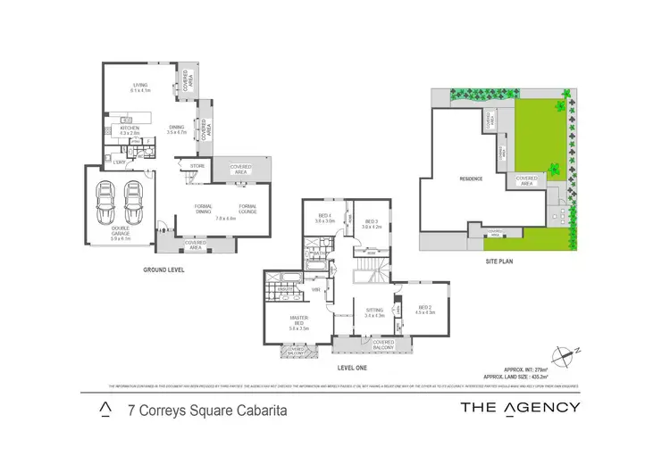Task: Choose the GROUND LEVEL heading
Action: tap(163, 269)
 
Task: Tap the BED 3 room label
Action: tap(371, 222)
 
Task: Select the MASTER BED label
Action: tap(299, 320)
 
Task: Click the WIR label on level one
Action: tap(315, 290)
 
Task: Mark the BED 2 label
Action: tap(425, 309)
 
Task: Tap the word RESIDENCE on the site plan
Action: tap(471, 178)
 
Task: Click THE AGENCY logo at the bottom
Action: tap(519, 408)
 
